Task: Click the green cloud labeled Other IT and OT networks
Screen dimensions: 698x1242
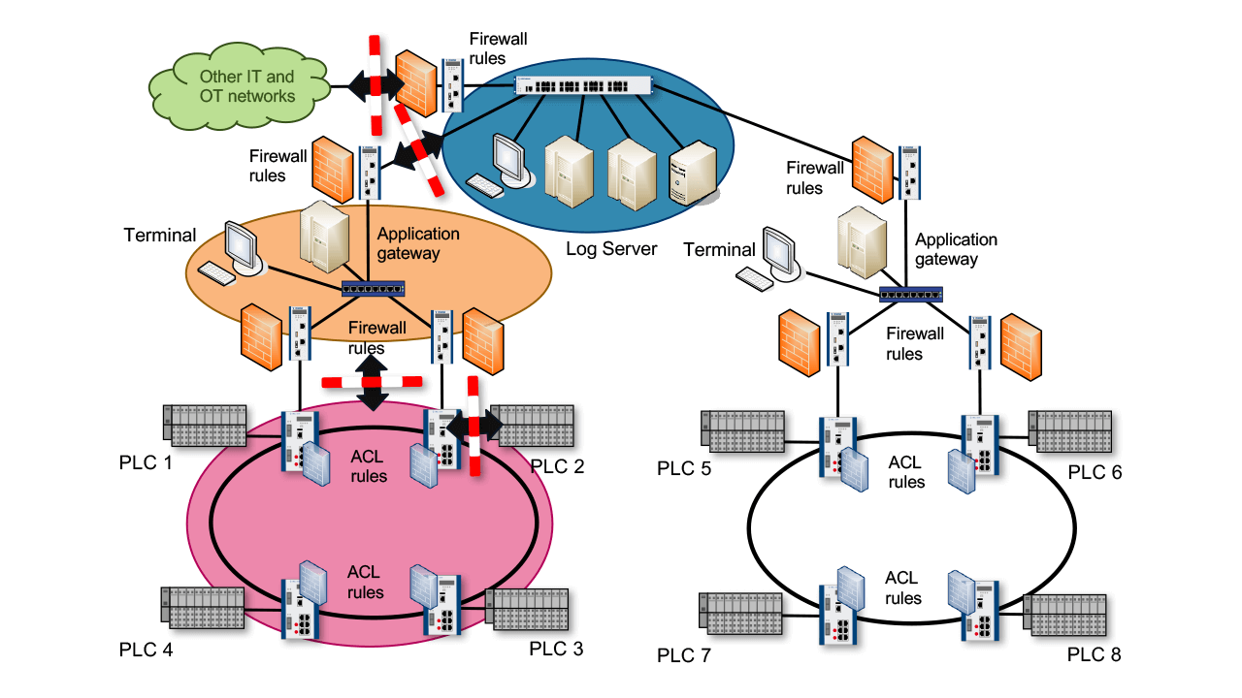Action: tap(246, 85)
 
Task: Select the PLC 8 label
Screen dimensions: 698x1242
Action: tap(1094, 654)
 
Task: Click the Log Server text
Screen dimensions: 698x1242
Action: tap(611, 249)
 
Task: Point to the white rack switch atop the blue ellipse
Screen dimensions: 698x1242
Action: tap(582, 86)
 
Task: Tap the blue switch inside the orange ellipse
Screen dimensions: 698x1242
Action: tap(373, 288)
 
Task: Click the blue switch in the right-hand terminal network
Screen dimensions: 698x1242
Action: tap(910, 294)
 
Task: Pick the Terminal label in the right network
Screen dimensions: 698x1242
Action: tap(719, 250)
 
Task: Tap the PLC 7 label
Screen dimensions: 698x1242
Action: tap(684, 656)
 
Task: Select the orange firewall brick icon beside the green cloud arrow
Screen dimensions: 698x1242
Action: tap(416, 79)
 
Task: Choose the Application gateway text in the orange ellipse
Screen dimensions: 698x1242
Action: tap(418, 243)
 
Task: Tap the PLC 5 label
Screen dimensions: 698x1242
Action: tap(684, 469)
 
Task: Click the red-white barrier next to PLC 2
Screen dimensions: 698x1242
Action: tap(474, 427)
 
